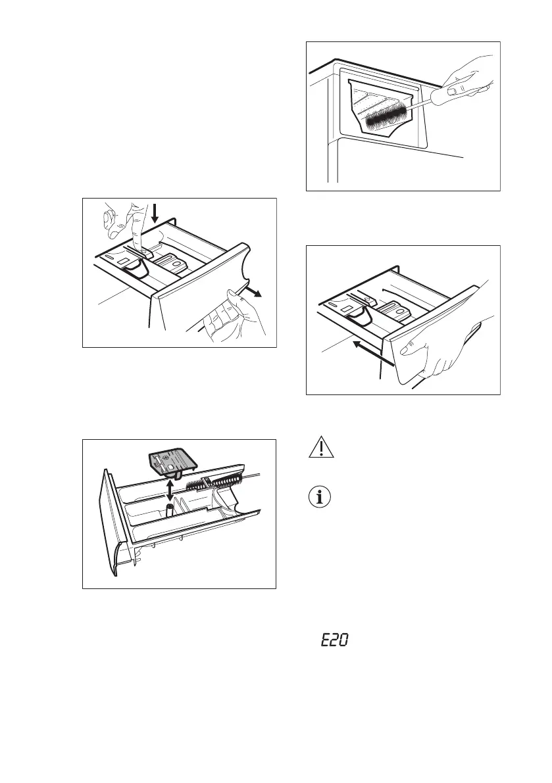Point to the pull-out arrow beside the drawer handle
pos(254,291)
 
